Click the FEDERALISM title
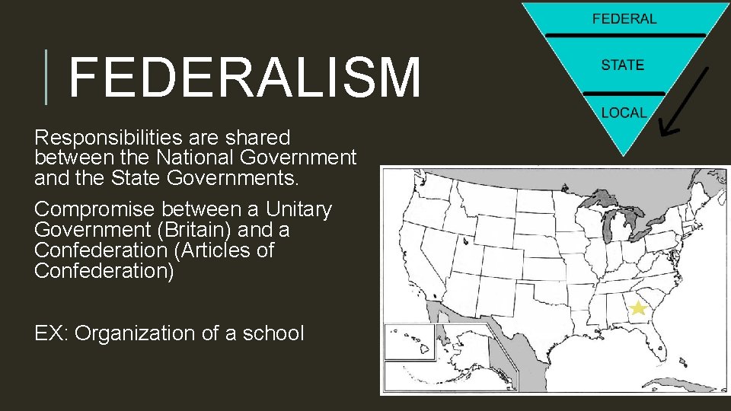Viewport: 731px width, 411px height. coord(244,77)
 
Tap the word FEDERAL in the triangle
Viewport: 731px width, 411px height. coord(624,18)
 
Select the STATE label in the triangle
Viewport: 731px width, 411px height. coord(622,65)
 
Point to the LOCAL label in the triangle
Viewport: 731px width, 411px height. coord(623,113)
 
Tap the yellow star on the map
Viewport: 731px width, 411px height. coord(637,307)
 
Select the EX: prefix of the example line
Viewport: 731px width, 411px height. coord(51,333)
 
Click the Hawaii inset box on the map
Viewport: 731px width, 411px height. coord(408,342)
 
